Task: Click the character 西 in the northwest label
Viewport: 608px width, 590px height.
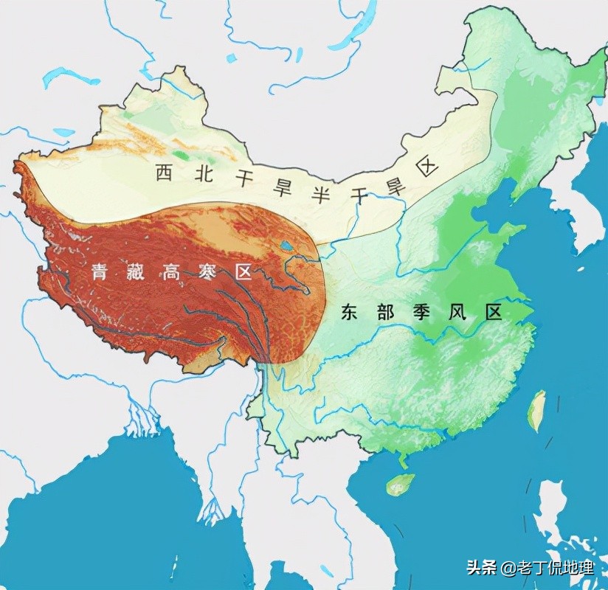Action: tap(163, 173)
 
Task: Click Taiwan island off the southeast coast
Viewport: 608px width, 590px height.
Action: tap(536, 410)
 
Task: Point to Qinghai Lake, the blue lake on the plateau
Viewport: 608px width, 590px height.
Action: tap(286, 246)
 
